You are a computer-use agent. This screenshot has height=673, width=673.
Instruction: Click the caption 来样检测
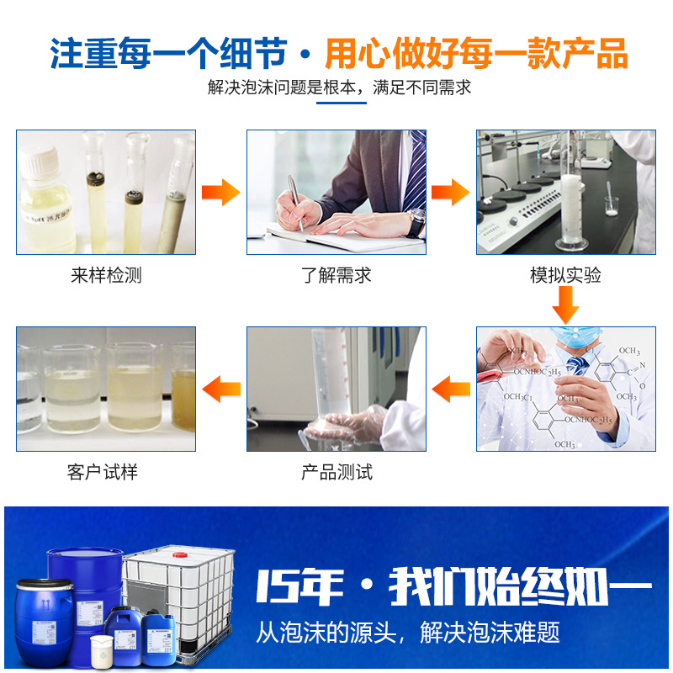(106, 276)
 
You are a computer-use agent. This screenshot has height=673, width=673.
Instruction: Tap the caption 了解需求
(336, 276)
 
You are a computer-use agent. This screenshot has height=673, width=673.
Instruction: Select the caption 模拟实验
(565, 276)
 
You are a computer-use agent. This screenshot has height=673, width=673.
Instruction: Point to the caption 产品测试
(336, 472)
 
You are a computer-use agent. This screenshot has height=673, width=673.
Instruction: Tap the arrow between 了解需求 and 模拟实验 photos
(450, 192)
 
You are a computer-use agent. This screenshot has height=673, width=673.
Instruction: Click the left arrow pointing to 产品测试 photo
(451, 389)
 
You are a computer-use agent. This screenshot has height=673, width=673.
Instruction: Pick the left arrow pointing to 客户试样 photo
(221, 389)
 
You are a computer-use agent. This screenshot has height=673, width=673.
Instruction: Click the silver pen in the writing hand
(294, 200)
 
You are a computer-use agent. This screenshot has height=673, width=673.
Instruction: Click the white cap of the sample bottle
(39, 160)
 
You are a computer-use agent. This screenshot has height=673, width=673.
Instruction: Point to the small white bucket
(102, 650)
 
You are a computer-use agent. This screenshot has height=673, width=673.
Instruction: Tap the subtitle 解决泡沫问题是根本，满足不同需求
(340, 87)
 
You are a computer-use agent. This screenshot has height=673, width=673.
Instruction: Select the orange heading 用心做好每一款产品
(476, 52)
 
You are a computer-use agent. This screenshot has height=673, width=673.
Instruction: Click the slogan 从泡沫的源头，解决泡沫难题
(407, 632)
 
